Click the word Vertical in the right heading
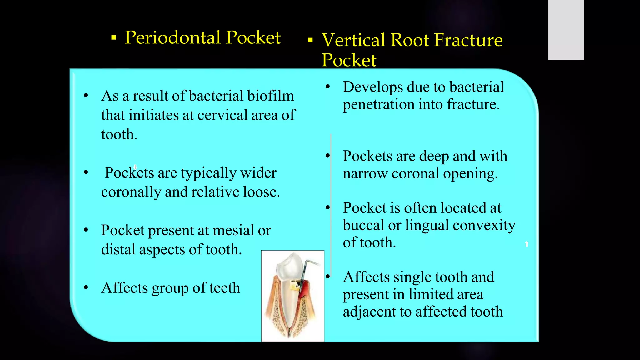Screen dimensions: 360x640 (x=353, y=40)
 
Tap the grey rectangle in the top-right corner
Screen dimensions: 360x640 (x=566, y=30)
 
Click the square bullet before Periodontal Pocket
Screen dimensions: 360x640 (x=114, y=38)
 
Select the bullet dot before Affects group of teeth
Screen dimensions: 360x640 (x=86, y=287)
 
